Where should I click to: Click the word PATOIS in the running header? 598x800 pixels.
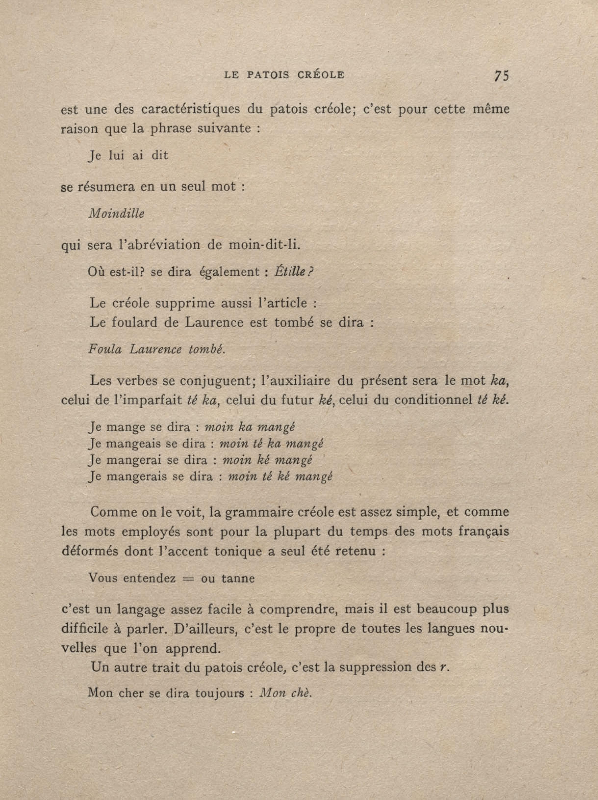point(268,75)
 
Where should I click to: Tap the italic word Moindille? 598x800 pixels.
point(116,214)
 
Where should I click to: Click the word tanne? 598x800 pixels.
point(238,578)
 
